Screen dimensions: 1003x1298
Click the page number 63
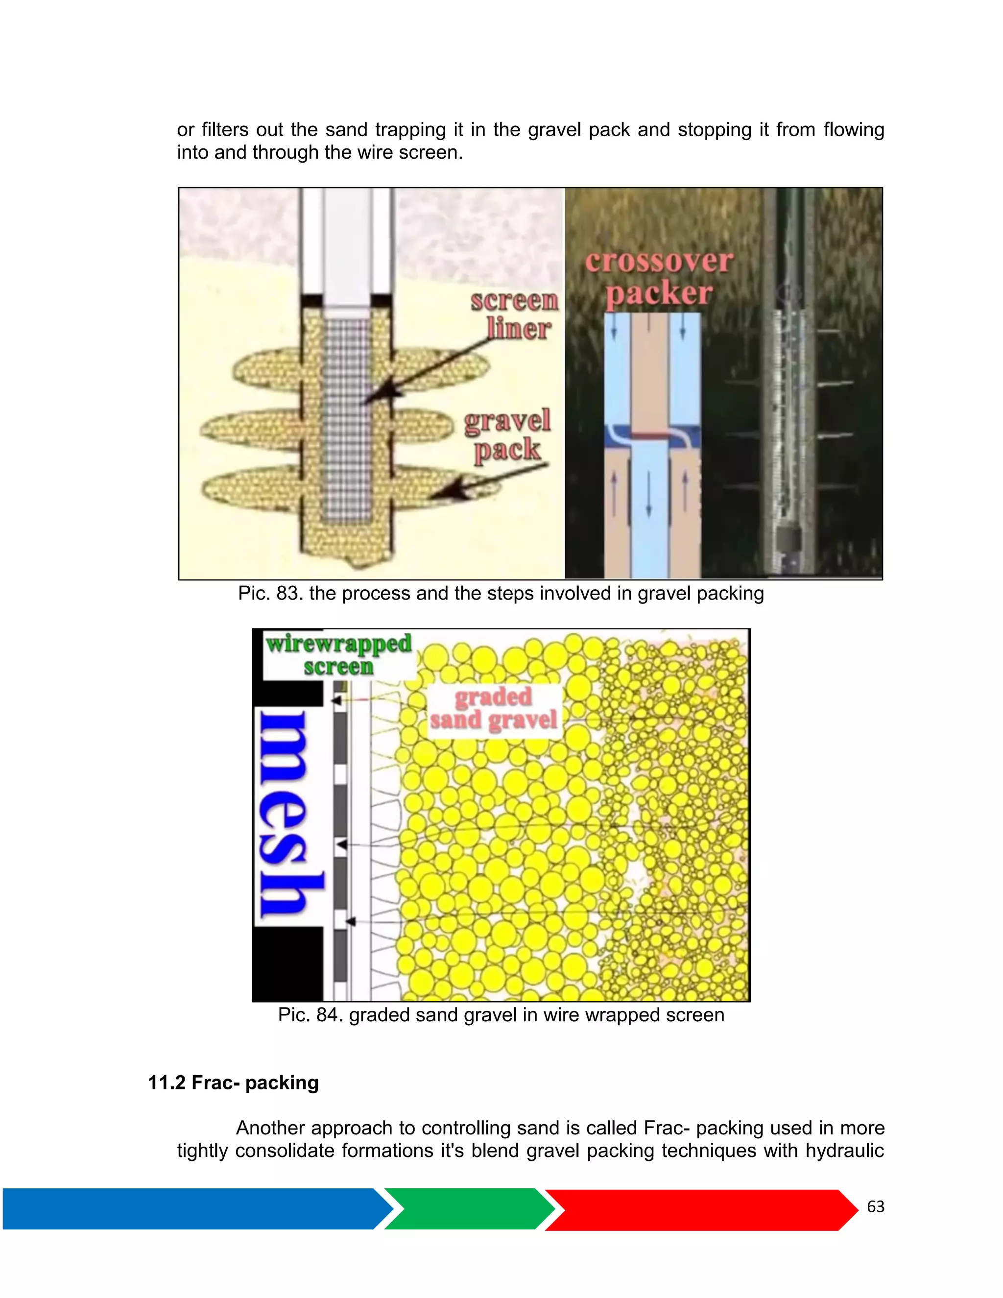coord(875,1206)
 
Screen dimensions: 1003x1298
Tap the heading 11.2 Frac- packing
coord(233,1083)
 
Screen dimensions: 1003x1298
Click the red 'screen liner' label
coord(515,315)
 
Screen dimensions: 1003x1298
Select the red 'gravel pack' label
coord(507,435)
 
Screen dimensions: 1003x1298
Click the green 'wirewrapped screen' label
coord(339,654)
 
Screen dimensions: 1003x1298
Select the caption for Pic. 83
coord(501,593)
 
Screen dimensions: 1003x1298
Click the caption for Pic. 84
coord(501,1014)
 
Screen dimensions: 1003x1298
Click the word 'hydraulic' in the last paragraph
coord(844,1151)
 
